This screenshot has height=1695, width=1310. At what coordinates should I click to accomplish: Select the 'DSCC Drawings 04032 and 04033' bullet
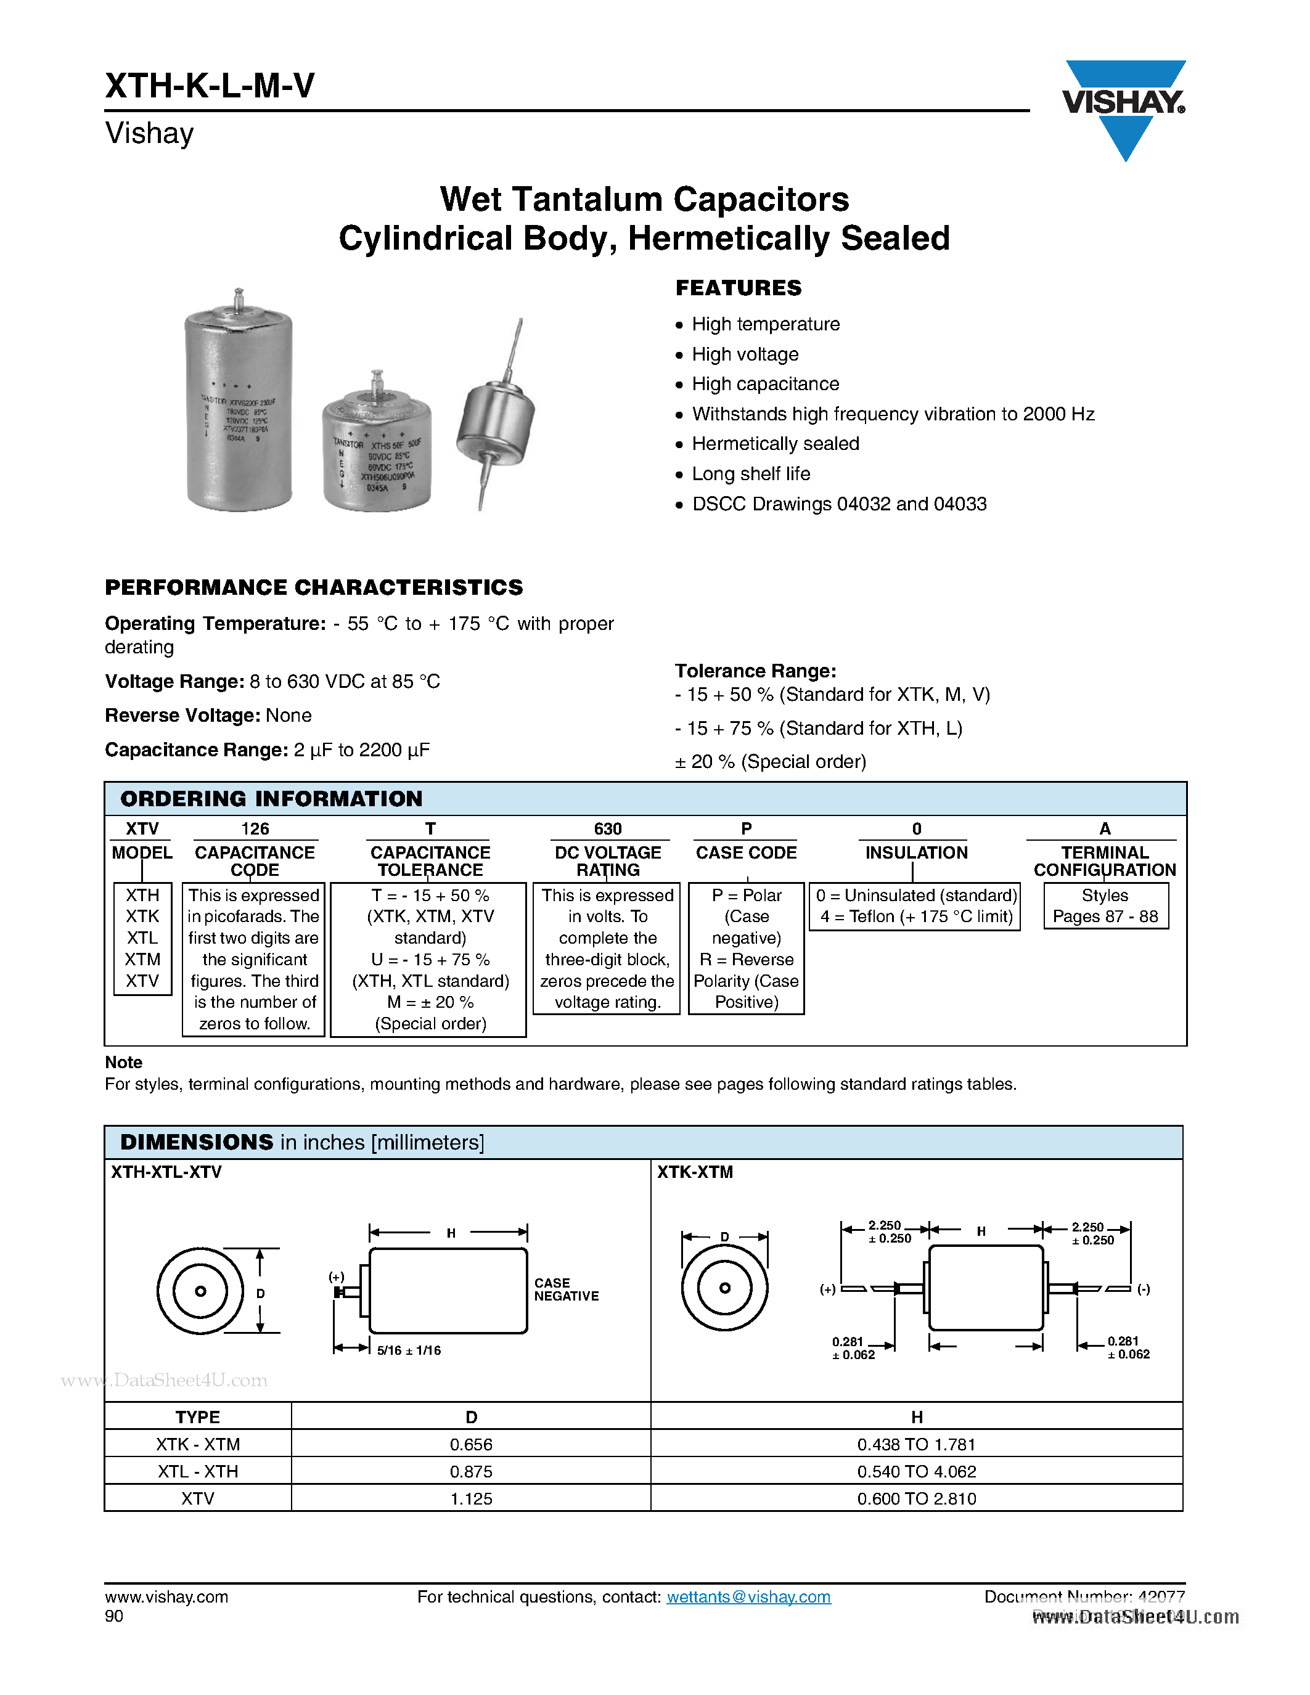(x=838, y=504)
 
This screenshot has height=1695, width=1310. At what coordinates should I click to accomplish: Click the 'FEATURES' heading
(x=738, y=288)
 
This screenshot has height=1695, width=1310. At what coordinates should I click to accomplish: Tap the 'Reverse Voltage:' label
(x=182, y=716)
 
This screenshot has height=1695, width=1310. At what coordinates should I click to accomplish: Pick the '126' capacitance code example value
(x=255, y=829)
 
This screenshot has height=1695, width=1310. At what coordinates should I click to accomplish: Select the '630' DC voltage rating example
(x=608, y=829)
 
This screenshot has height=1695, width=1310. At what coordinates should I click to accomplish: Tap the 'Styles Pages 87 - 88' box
(x=1105, y=905)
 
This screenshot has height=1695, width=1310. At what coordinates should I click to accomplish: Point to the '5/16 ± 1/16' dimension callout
(x=408, y=1350)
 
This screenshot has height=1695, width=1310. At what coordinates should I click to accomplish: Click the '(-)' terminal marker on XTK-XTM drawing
(x=1143, y=1289)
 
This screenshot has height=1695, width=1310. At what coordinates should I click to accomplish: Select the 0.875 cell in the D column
(x=471, y=1471)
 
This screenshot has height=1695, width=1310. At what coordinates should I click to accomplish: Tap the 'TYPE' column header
(x=197, y=1417)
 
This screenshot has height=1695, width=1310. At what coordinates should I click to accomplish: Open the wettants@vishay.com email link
(x=748, y=1596)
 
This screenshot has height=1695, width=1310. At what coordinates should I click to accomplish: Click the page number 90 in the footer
(x=114, y=1616)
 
